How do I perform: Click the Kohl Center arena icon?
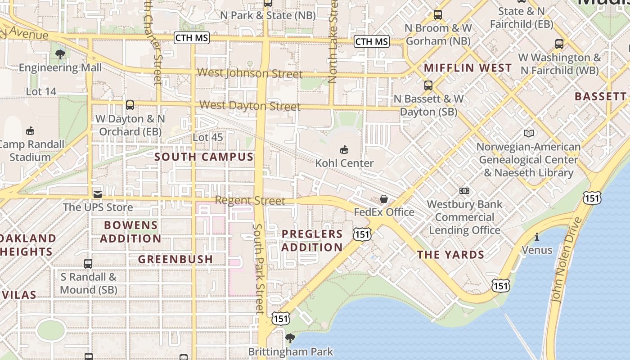click(344, 149)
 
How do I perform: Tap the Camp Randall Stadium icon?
click(30, 131)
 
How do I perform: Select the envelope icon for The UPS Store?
click(97, 194)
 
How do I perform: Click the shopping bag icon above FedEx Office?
click(384, 198)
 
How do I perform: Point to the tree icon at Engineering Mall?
click(60, 54)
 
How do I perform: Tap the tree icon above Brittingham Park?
click(290, 338)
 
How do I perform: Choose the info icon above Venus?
click(536, 237)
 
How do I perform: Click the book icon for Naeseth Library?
click(529, 134)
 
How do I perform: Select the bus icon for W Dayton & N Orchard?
click(130, 105)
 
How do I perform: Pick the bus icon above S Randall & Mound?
click(88, 264)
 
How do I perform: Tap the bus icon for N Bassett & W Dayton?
click(428, 85)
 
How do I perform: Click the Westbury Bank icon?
click(464, 191)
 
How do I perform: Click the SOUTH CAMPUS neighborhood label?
click(204, 157)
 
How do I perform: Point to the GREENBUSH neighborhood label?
click(175, 259)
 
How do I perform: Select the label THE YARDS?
click(450, 255)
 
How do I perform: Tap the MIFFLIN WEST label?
click(468, 68)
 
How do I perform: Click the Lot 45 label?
click(207, 137)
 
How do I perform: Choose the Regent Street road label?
click(250, 200)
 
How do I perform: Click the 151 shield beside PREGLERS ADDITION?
click(362, 234)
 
